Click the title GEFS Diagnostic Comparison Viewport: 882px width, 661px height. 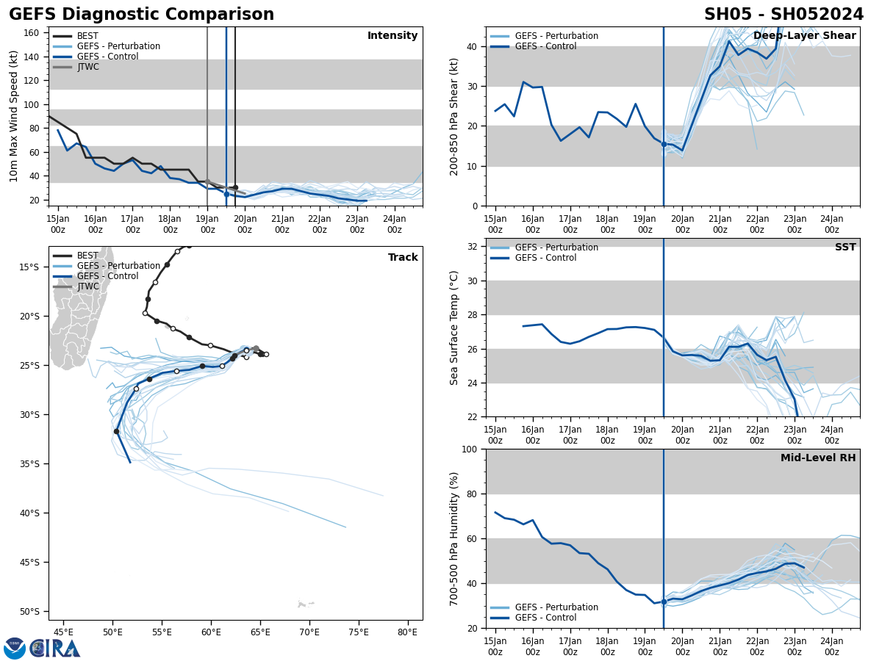pos(141,15)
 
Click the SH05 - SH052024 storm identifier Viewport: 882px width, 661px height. pos(784,15)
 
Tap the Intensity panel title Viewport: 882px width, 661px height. pos(392,36)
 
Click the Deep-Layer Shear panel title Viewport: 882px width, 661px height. pos(804,36)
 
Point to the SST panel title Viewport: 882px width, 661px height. pos(845,248)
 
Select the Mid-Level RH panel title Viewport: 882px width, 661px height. pos(818,458)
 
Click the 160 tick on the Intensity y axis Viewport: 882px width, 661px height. pos(32,33)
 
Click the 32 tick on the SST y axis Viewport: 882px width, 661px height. pos(473,247)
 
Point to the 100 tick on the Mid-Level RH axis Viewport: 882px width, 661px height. pos(470,449)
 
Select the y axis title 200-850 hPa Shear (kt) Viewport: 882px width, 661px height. pos(455,116)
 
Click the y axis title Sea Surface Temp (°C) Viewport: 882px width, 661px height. pos(455,328)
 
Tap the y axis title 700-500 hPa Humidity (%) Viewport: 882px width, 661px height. pos(455,538)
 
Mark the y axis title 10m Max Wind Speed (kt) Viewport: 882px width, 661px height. pos(14,116)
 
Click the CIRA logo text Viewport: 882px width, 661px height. pos(54,648)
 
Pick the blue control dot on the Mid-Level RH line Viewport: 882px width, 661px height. pos(664,602)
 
